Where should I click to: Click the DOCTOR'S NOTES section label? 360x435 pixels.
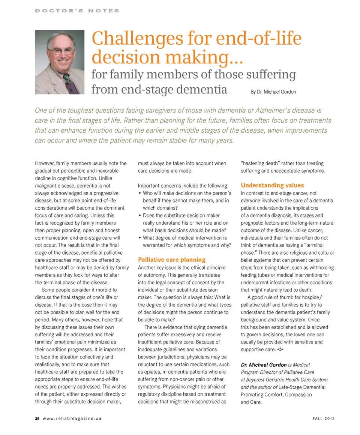(x=77, y=10)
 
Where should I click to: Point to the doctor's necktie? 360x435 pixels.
(x=69, y=82)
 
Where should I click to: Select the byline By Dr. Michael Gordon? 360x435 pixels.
(x=273, y=92)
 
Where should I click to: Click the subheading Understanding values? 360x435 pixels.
(x=272, y=185)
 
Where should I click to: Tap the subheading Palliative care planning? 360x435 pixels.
(x=172, y=259)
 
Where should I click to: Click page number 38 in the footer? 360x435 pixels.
(x=37, y=418)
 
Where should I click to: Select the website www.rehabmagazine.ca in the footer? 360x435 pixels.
(x=72, y=418)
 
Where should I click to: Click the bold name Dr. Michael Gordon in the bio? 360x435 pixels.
(x=264, y=364)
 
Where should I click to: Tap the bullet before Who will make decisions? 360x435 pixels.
(x=139, y=193)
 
